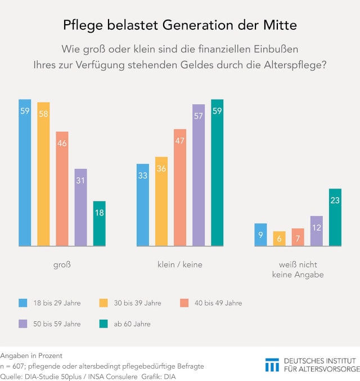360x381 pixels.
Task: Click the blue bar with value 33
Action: pos(143,205)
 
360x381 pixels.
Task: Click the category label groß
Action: pos(62,265)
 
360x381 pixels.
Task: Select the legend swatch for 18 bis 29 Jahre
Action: pos(23,303)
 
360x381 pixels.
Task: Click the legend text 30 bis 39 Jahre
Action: pos(138,303)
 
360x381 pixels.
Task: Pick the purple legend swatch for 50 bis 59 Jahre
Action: pos(23,324)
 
